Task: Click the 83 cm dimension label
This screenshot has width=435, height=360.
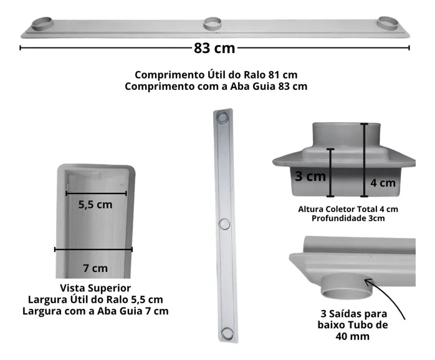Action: pos(215,47)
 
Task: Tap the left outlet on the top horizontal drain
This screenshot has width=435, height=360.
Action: pos(42,24)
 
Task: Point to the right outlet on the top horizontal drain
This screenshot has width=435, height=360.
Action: pos(388,22)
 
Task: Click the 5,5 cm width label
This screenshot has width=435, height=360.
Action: pos(95,205)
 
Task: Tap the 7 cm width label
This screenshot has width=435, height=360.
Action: pos(95,268)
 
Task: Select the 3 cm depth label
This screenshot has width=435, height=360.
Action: pos(310,176)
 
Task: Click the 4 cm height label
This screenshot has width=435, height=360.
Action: pos(383,183)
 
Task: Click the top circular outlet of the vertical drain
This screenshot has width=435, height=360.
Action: pos(222,117)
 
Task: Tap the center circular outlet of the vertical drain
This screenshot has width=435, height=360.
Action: pos(224,223)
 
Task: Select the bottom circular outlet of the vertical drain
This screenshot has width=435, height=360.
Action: pos(227,333)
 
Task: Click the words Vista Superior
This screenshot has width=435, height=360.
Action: pos(95,288)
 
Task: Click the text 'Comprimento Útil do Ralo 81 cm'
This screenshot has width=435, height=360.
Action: pos(216,75)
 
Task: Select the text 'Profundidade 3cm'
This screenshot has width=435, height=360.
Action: pos(348,218)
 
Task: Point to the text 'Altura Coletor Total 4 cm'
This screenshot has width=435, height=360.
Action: pos(348,208)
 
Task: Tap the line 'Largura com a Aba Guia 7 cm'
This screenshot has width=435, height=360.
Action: pos(95,310)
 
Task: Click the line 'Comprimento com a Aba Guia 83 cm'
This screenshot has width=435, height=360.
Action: pos(216,87)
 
